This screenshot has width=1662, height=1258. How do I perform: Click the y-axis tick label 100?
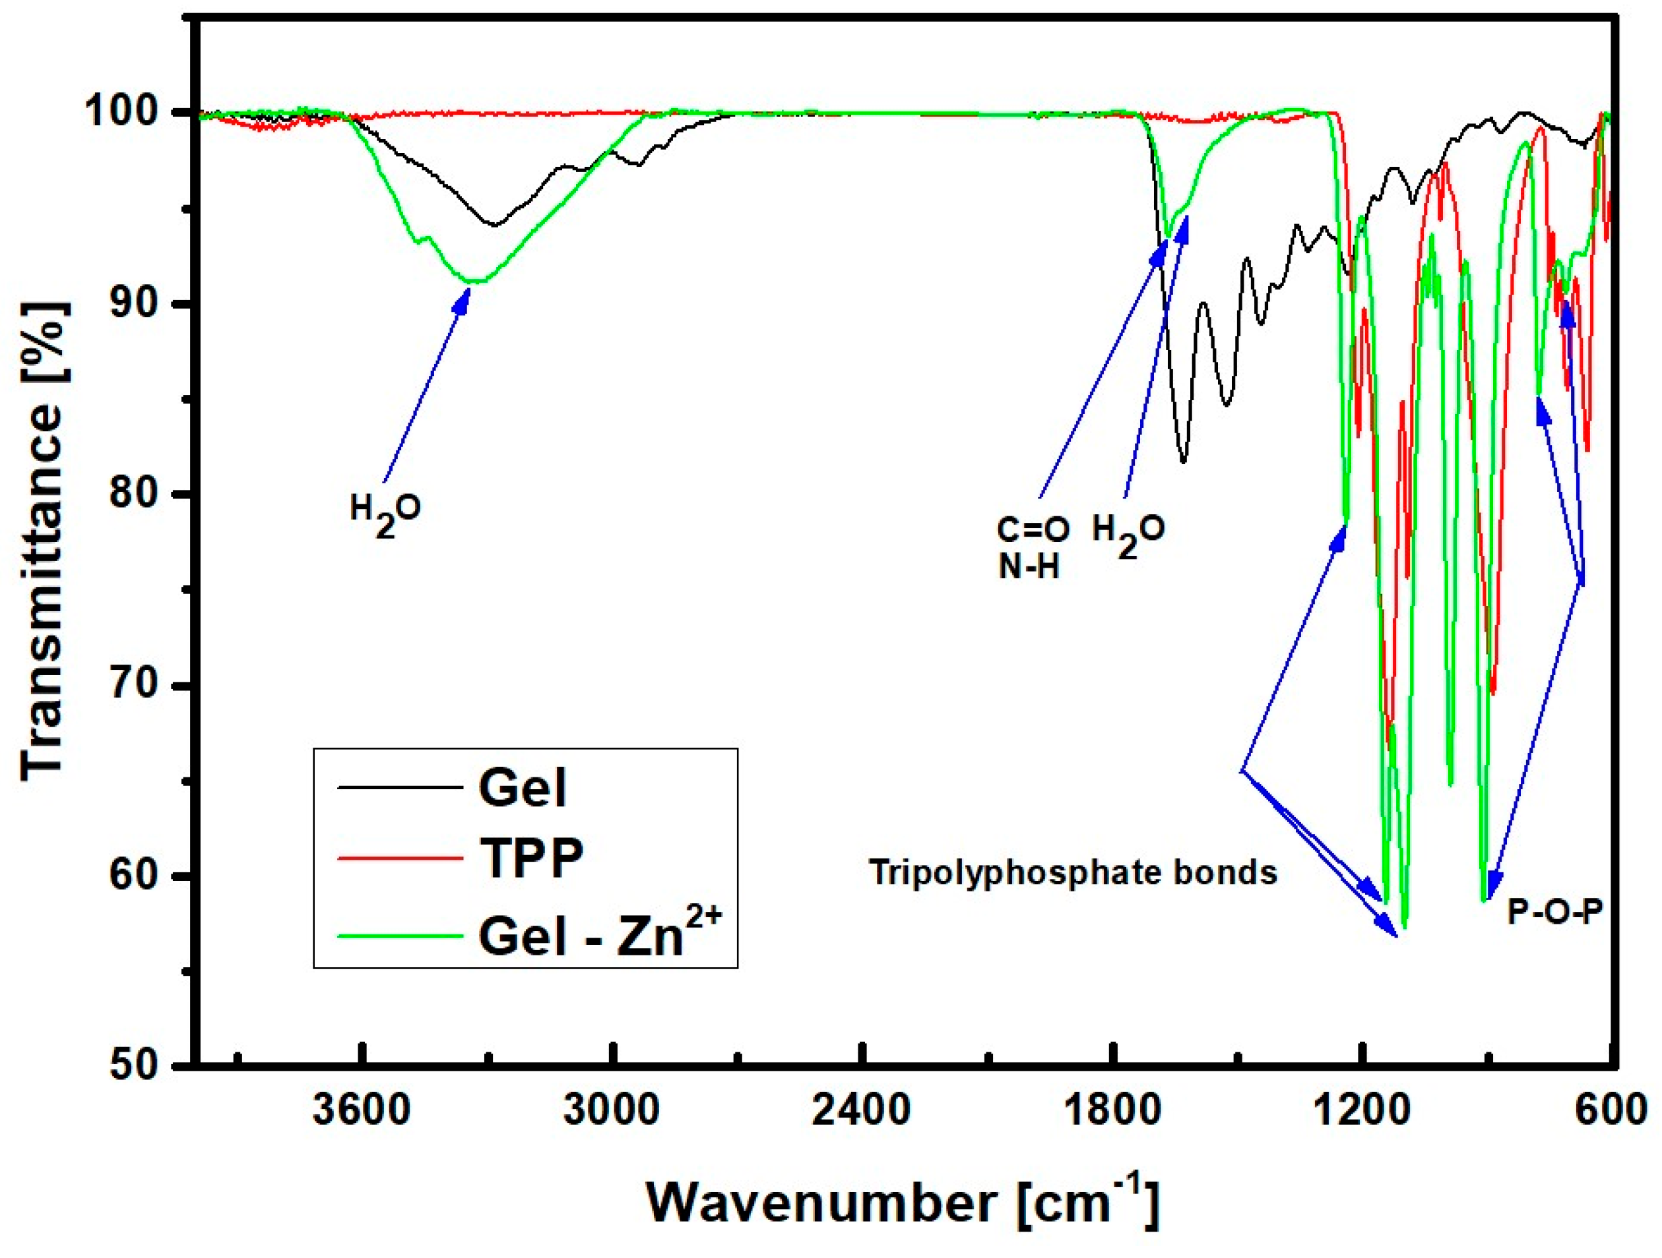133,113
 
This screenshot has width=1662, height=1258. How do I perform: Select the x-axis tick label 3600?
362,1110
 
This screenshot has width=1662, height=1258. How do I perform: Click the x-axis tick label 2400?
862,1110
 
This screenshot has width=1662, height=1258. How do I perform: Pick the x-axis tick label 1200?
1361,1110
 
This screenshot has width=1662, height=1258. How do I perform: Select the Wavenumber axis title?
902,1202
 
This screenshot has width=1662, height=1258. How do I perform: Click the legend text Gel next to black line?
521,788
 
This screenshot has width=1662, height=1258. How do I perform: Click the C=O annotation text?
1033,530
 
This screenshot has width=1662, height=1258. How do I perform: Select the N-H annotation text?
1029,568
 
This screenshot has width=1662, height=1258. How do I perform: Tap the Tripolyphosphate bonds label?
1073,872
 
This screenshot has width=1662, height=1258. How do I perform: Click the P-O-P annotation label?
1554,913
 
